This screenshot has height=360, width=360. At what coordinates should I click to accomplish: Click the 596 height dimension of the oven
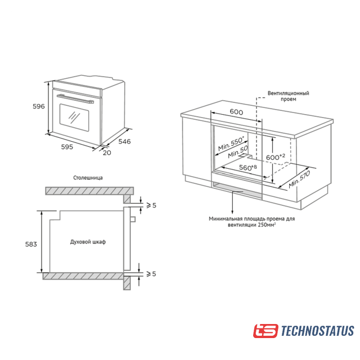point(39,106)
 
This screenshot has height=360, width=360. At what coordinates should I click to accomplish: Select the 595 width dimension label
point(67,147)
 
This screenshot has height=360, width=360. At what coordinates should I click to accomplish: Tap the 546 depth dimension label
point(124,141)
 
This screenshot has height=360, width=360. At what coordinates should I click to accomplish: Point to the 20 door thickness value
point(107,152)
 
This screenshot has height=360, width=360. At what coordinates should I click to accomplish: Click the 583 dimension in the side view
point(31,244)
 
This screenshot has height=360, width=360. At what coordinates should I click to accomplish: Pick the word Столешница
point(88,178)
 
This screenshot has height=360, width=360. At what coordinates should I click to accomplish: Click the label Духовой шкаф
point(88,242)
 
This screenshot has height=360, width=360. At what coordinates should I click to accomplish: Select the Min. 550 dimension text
point(231,143)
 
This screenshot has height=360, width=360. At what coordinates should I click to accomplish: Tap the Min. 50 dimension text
point(238,152)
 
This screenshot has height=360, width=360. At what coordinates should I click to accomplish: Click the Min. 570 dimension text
point(299,179)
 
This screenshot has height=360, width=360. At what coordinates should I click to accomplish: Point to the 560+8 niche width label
point(248,168)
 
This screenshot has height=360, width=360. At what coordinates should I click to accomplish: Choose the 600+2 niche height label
point(276,157)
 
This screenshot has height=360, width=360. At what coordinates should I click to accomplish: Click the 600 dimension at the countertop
point(236,112)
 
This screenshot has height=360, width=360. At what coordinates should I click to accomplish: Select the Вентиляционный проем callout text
point(289,96)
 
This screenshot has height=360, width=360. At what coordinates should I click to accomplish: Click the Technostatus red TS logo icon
point(265,331)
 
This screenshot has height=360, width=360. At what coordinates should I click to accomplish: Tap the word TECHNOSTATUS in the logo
point(317,331)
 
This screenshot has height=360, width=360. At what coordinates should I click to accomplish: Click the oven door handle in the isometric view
point(75,99)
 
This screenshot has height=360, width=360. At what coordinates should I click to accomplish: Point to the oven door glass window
point(74,118)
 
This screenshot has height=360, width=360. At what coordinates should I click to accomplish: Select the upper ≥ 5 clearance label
point(151,205)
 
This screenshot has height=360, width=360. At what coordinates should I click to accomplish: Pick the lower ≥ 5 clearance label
point(151,274)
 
